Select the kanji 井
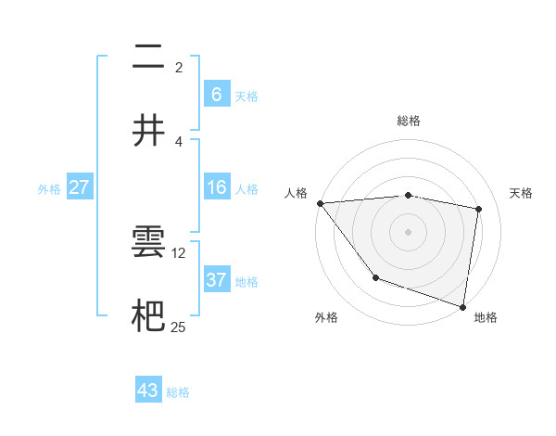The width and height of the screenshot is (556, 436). (148, 131)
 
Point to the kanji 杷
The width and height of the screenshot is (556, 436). (148, 315)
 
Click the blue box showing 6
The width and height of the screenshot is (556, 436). (217, 94)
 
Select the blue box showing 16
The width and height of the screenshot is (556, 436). (217, 187)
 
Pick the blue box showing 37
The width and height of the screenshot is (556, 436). (217, 280)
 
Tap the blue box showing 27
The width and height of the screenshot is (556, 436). (80, 187)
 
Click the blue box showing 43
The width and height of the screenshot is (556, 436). (148, 391)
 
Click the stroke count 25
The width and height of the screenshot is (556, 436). (179, 327)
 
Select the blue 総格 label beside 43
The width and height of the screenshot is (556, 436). (178, 392)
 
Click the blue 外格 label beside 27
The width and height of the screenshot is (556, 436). (49, 189)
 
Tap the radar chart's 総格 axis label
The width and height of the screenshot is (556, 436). (409, 121)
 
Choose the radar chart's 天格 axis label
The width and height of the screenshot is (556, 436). (522, 193)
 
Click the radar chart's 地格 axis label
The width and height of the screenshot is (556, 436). (486, 317)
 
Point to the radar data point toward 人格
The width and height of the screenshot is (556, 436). (320, 203)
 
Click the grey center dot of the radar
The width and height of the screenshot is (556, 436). (409, 232)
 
